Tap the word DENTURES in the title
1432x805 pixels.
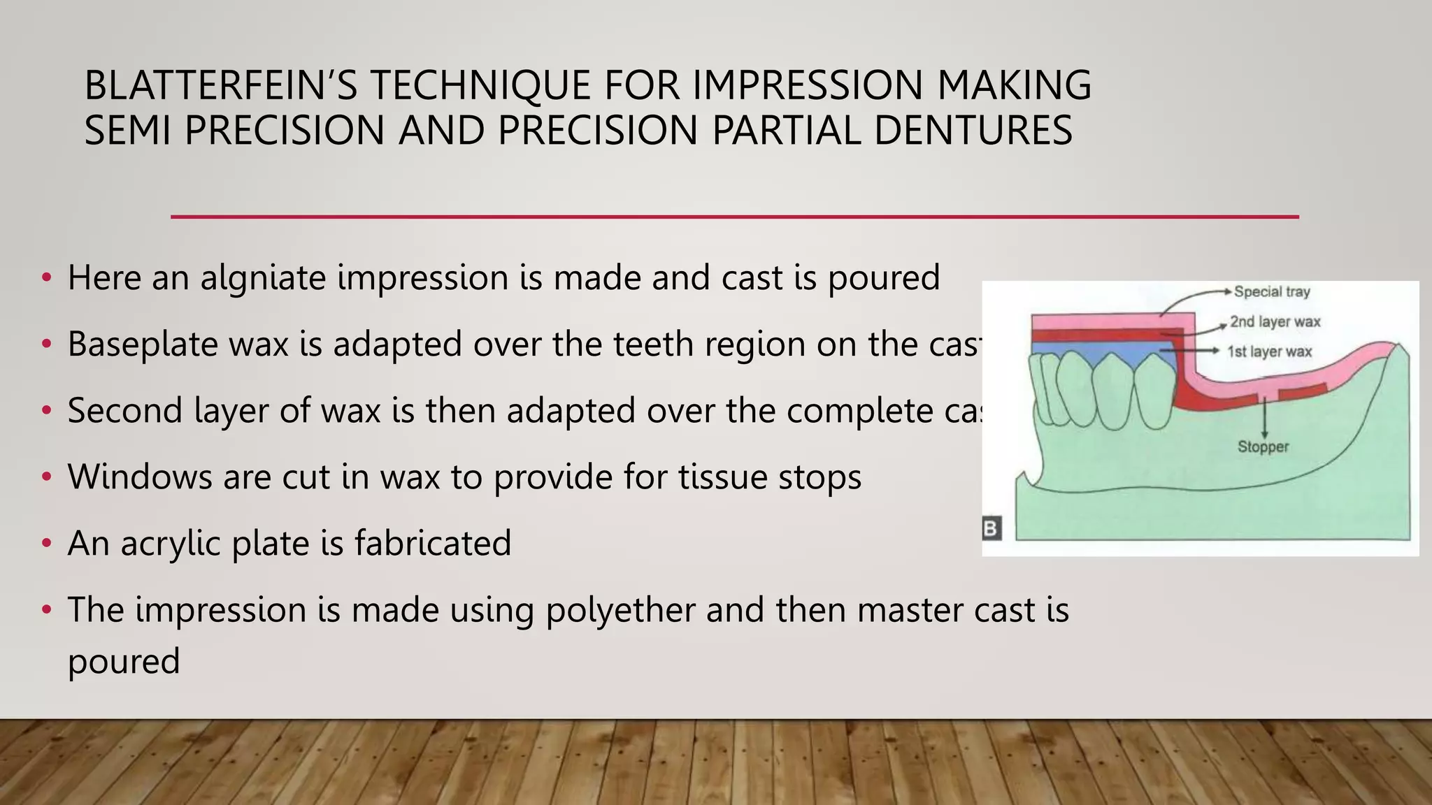tap(973, 131)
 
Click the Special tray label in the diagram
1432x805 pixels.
tap(1271, 292)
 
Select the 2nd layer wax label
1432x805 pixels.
tap(1275, 322)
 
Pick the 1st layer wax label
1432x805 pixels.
tap(1269, 351)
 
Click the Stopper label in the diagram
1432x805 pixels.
tap(1263, 447)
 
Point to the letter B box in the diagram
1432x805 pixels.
tap(991, 528)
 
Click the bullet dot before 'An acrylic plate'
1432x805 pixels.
tap(47, 543)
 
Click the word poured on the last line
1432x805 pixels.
tap(124, 661)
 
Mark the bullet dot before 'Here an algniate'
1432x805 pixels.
tap(47, 278)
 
